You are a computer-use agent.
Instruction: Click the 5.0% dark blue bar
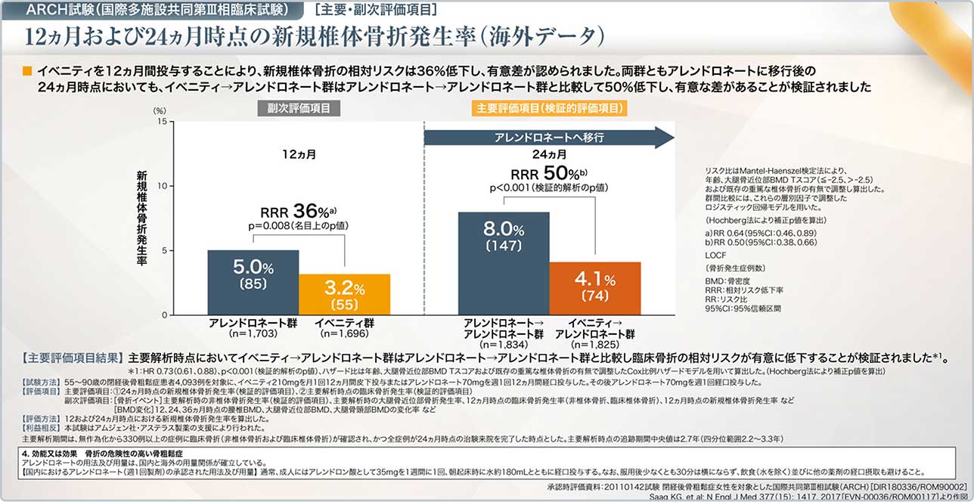[x=253, y=282]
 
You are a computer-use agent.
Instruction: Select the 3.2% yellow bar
[x=344, y=294]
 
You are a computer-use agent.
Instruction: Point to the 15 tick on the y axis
[x=161, y=121]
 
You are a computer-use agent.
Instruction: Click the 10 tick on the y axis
[x=161, y=186]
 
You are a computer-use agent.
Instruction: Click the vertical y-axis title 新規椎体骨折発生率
[x=141, y=219]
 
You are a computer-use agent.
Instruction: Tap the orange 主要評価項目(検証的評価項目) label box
[x=551, y=108]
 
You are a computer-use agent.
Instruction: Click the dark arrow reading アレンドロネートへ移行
[x=547, y=138]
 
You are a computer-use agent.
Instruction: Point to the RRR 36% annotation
[x=298, y=212]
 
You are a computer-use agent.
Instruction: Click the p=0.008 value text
[x=298, y=226]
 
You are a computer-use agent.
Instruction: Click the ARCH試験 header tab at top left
[x=155, y=10]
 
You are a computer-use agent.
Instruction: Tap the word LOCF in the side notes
[x=715, y=256]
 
